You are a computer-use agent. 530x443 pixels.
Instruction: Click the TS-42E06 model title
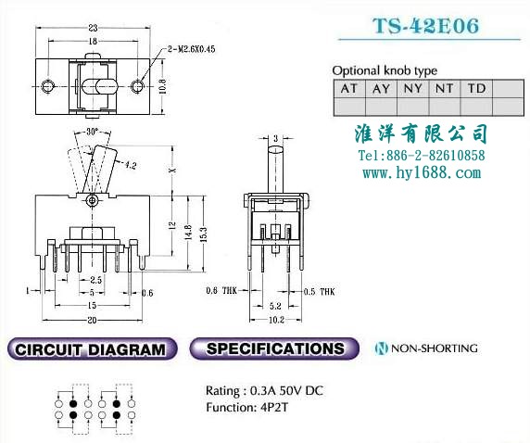(x=426, y=25)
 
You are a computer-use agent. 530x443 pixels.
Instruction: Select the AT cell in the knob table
(x=349, y=89)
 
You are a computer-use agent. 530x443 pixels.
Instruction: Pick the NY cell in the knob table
(x=413, y=89)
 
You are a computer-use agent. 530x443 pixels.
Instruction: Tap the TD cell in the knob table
(x=476, y=89)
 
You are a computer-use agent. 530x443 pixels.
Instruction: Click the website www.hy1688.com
(x=422, y=172)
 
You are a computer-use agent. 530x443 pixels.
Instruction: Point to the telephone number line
(x=422, y=156)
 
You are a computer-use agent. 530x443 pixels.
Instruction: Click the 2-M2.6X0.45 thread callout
(x=191, y=49)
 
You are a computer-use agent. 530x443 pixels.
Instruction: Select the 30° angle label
(x=92, y=132)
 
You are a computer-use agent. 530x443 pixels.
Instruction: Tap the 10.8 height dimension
(x=162, y=86)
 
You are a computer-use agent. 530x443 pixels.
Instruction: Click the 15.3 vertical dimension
(x=204, y=234)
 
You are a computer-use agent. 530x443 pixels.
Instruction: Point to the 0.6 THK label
(x=221, y=290)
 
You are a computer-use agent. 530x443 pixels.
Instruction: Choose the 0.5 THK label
(x=319, y=292)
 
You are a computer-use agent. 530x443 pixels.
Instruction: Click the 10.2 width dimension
(x=276, y=320)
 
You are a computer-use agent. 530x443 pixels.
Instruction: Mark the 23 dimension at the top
(x=93, y=28)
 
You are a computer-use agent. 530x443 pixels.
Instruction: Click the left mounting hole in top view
(x=47, y=86)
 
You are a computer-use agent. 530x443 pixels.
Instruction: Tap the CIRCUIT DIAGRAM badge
(x=92, y=349)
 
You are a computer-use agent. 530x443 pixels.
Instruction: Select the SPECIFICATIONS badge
(x=274, y=348)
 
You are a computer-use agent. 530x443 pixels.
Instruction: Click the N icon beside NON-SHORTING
(x=382, y=348)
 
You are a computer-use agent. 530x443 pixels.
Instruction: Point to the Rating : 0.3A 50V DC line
(x=264, y=391)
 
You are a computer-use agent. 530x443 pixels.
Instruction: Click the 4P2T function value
(x=274, y=407)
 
